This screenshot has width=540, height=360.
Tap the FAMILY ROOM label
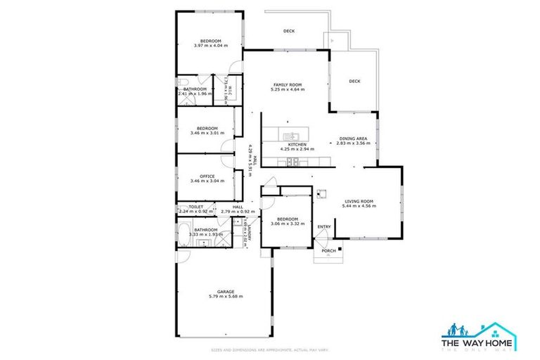pos(287,85)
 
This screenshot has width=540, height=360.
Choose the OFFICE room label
pos(207,176)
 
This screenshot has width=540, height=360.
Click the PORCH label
pos(328,250)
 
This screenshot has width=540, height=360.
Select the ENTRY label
pos(324,226)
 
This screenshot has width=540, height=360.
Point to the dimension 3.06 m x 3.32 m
pos(288,224)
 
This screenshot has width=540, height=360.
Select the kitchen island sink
pos(290,134)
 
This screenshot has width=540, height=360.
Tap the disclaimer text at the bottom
pos(270,350)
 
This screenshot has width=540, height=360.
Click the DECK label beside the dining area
pos(354,81)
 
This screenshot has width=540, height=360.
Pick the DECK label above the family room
pos(288,31)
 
